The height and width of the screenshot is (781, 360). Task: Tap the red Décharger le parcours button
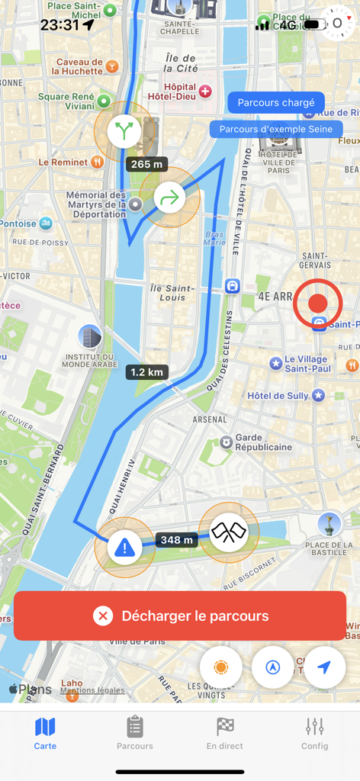(180, 615)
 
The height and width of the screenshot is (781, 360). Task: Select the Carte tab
(45, 733)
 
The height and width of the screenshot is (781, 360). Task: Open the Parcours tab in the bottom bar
(135, 733)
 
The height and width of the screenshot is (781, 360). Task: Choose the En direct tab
(225, 733)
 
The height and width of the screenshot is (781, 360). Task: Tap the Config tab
(314, 733)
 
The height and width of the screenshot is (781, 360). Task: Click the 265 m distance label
(146, 164)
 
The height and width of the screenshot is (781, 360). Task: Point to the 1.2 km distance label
(147, 372)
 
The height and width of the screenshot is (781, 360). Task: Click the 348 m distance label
(177, 540)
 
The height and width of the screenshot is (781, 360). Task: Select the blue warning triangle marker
(124, 547)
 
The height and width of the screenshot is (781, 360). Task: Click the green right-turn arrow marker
(170, 198)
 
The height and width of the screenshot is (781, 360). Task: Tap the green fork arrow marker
(124, 131)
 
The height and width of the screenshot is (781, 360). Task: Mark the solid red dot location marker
(317, 304)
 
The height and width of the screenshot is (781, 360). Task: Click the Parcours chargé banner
(276, 103)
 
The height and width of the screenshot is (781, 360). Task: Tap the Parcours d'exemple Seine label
(276, 129)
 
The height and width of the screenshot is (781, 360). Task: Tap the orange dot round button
(221, 667)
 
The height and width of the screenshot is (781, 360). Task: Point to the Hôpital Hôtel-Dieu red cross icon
(205, 92)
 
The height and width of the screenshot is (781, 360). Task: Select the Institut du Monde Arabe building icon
(90, 336)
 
